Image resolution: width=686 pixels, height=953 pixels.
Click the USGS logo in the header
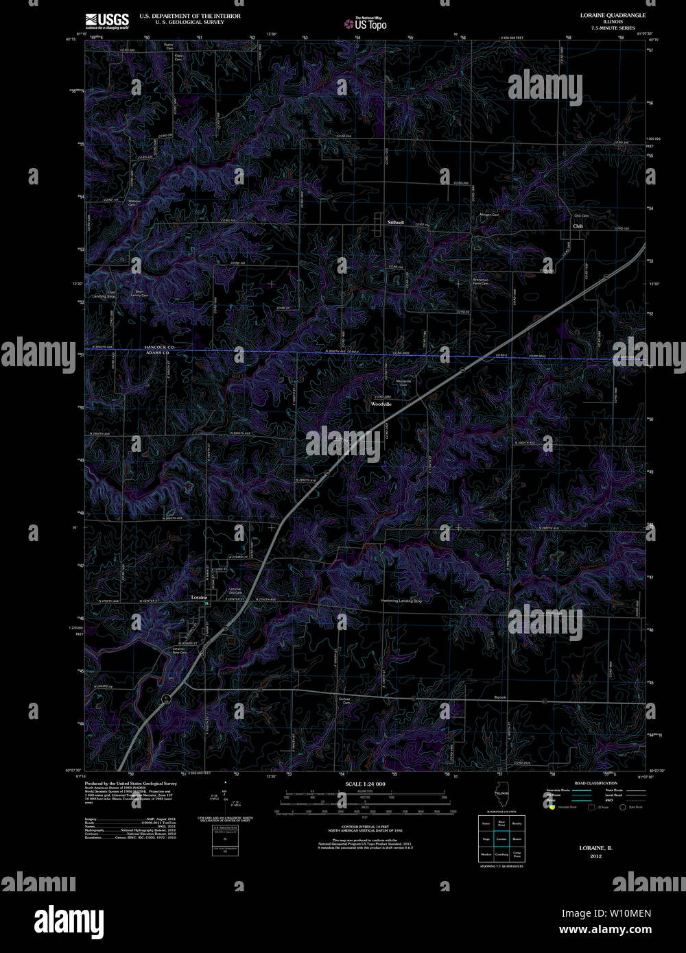pos(106,20)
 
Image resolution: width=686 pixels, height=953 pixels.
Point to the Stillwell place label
pos(396,223)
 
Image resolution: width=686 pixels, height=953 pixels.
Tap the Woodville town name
pos(381,405)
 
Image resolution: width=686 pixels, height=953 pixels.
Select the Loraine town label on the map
pos(198,598)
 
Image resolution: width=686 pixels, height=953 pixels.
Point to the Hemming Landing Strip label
pos(401,601)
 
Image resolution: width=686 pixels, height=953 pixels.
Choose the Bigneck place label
pos(499,697)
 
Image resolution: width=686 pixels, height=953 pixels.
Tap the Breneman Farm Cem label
pos(480,282)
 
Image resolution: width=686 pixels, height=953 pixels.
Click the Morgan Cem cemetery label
pos(489,215)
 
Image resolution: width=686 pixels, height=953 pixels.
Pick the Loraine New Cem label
pos(179,650)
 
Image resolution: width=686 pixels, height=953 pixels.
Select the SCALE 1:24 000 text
pos(365,784)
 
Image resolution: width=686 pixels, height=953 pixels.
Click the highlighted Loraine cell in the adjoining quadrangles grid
pos(501,839)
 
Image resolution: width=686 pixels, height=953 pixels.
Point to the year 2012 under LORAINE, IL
pos(595,856)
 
